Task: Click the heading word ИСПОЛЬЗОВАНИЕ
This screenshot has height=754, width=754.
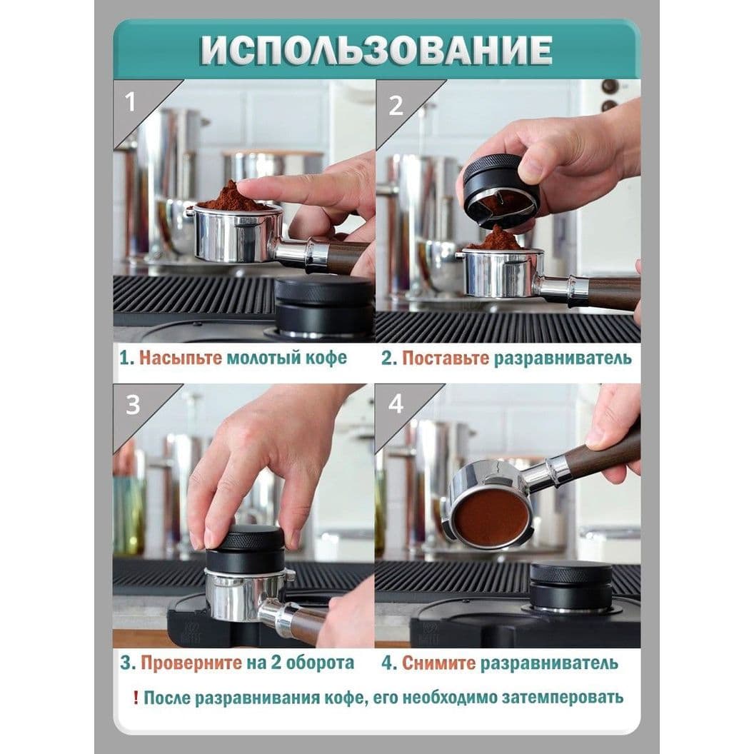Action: point(376,49)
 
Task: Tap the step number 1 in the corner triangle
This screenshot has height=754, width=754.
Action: point(131,102)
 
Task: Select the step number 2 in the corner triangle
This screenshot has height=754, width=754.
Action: point(396,106)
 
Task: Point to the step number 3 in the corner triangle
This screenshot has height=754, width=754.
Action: point(133,405)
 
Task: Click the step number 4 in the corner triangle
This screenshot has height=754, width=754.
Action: point(396,404)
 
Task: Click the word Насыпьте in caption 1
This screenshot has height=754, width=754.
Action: point(181,358)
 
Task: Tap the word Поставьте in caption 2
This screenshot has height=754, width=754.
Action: point(446,358)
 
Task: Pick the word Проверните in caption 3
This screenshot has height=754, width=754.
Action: point(191,663)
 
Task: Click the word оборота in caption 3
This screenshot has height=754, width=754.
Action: point(320,663)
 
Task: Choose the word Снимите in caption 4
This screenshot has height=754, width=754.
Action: point(438,663)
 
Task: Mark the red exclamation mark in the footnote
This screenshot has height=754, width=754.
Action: point(136,698)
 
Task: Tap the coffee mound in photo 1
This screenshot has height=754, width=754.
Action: point(230,198)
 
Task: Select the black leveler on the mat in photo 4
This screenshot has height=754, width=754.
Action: point(570,587)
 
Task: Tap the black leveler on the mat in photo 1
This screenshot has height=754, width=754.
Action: point(324,308)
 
